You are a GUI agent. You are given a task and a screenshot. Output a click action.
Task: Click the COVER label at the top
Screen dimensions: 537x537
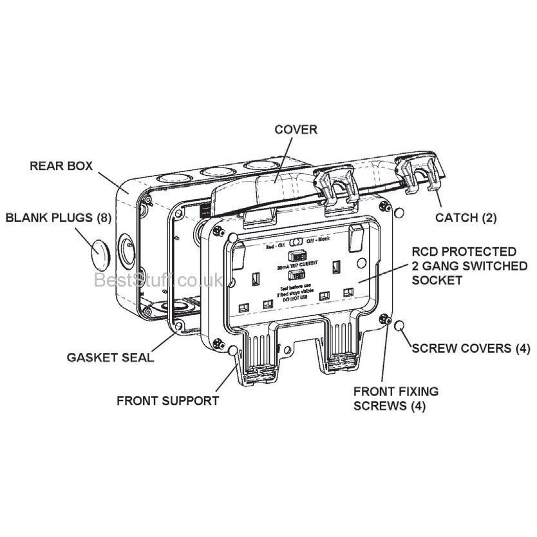(x=296, y=129)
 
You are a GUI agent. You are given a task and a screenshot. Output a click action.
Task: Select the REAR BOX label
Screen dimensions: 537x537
(x=61, y=165)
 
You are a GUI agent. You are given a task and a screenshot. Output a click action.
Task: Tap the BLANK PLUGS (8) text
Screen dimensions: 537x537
(x=58, y=218)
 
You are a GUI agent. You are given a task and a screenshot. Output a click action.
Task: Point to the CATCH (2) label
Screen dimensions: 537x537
(x=466, y=218)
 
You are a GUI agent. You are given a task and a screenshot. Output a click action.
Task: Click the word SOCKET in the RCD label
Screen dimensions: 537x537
(x=438, y=280)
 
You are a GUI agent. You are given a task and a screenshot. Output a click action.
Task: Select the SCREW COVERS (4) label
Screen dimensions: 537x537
(x=471, y=349)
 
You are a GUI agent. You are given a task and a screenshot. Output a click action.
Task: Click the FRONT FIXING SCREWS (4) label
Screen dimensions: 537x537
(x=396, y=398)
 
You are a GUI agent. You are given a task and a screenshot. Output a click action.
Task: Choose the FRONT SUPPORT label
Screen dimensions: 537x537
(x=167, y=400)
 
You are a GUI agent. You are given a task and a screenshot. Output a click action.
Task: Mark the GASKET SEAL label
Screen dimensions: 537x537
(x=111, y=357)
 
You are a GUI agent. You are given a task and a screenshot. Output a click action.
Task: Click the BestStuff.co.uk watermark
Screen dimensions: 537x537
(x=158, y=280)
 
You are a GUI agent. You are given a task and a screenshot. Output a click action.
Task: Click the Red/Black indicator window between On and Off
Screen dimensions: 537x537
(x=297, y=244)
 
